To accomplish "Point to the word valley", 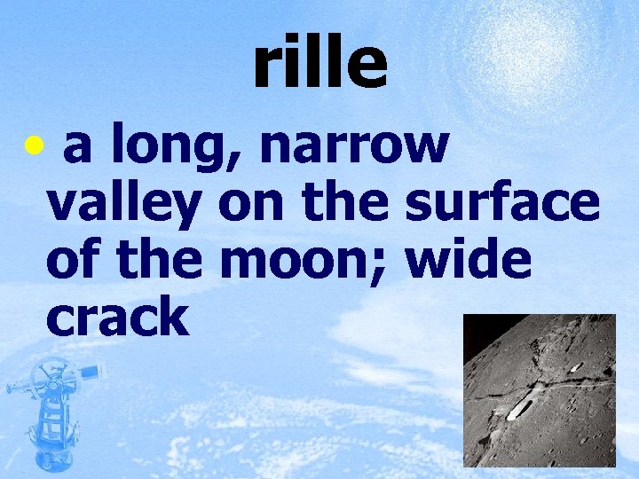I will [x=125, y=207].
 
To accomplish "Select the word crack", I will [x=117, y=318].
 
